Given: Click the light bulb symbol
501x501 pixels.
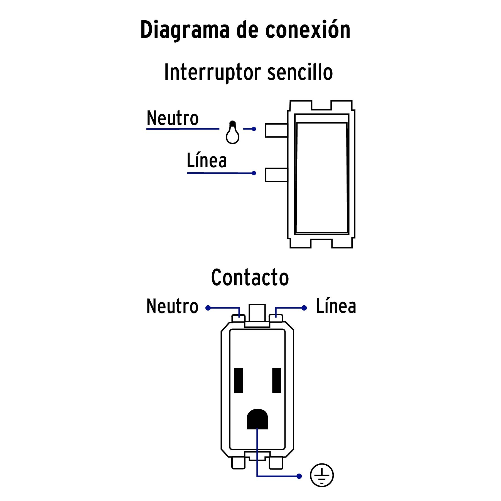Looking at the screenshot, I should pyautogui.click(x=232, y=133).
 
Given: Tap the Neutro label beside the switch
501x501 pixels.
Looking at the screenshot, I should pyautogui.click(x=173, y=119).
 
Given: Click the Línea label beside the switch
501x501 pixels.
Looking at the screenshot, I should pyautogui.click(x=207, y=161).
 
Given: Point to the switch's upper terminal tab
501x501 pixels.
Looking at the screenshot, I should pyautogui.click(x=276, y=131).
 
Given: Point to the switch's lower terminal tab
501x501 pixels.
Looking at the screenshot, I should pyautogui.click(x=276, y=175).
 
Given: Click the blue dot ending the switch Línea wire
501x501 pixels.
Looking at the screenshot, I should pyautogui.click(x=254, y=173).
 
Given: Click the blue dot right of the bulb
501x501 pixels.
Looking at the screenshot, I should pyautogui.click(x=254, y=129).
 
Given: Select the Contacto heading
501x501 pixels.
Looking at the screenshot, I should pyautogui.click(x=250, y=277).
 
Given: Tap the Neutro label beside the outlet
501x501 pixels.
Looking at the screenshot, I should pyautogui.click(x=172, y=306).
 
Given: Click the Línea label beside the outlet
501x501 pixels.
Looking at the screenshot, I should pyautogui.click(x=336, y=306).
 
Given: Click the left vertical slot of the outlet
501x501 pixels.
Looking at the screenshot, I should pyautogui.click(x=239, y=380).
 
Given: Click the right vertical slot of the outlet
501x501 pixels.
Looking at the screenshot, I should pyautogui.click(x=277, y=380).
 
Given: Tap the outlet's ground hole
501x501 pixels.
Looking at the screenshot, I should pyautogui.click(x=257, y=419).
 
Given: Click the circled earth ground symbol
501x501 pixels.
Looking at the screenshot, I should pyautogui.click(x=322, y=475).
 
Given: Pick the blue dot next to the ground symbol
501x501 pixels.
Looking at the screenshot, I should pyautogui.click(x=299, y=476).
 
